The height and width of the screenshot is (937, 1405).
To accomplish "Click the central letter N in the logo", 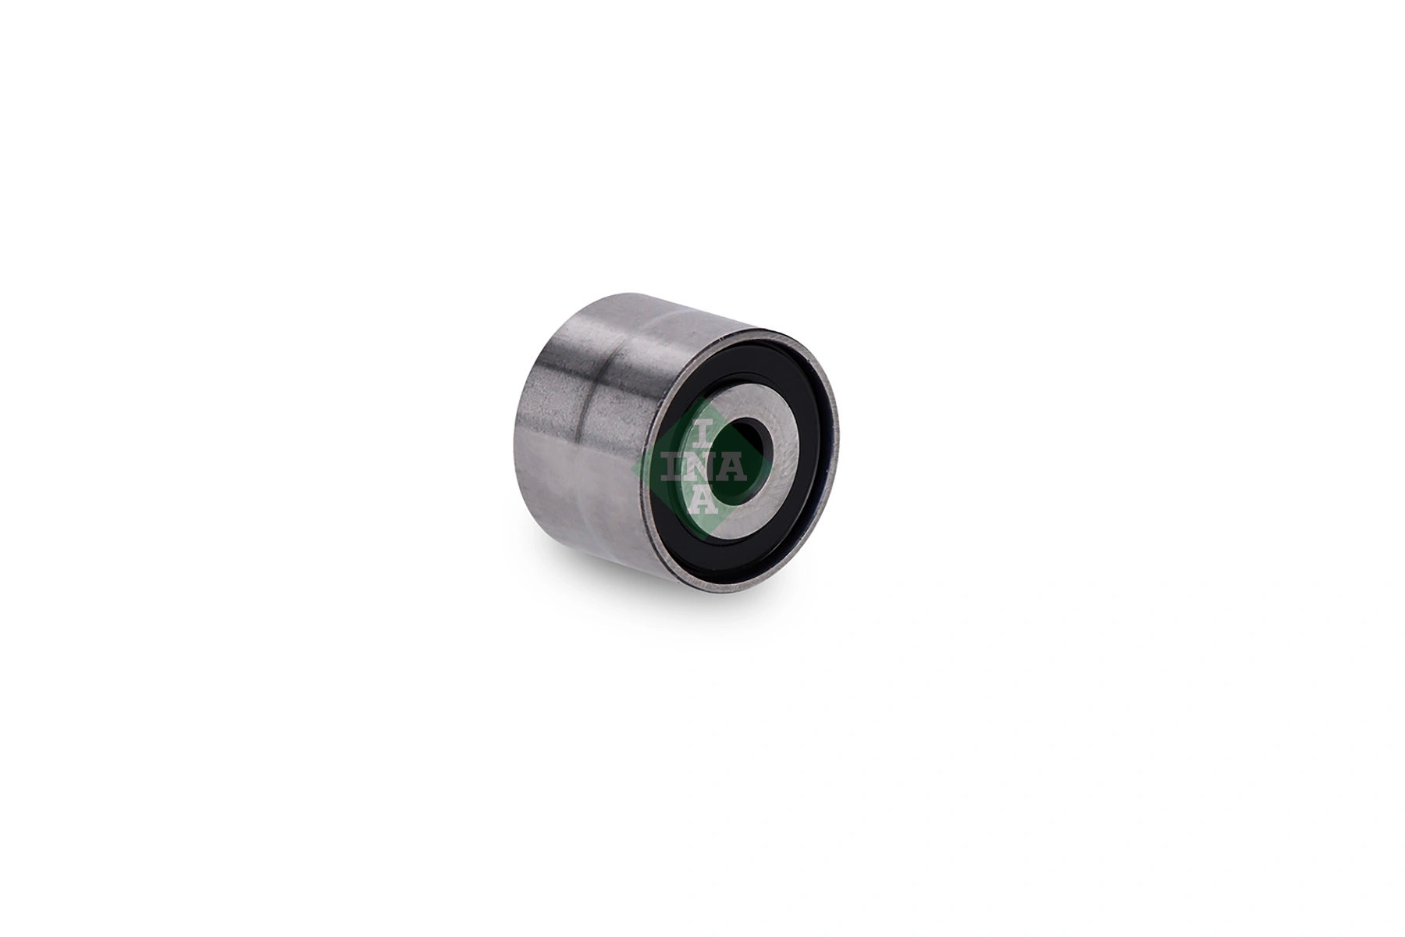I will point(702,467).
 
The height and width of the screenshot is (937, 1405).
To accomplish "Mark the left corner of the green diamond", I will point(632,467).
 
